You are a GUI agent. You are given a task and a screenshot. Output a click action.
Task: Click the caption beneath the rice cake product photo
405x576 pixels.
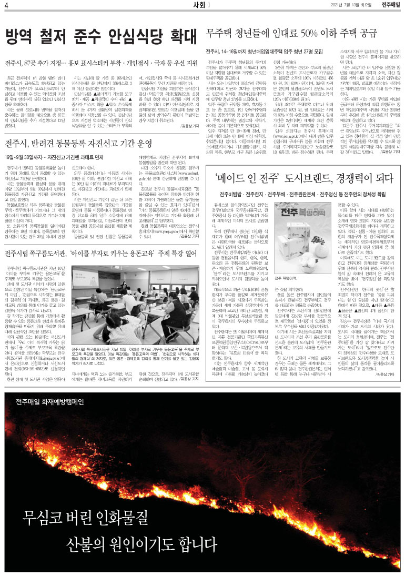289,277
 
